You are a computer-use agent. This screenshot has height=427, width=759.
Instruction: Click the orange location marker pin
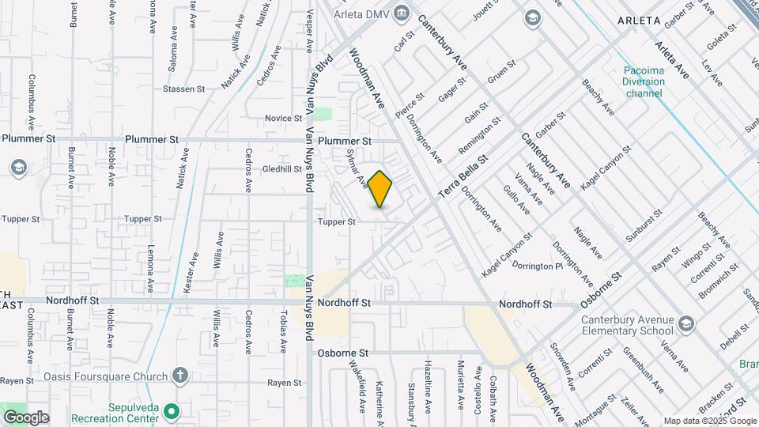[380, 189]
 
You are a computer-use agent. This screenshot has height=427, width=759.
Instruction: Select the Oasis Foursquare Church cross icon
[179, 376]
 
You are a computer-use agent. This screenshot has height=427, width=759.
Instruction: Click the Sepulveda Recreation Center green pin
[168, 412]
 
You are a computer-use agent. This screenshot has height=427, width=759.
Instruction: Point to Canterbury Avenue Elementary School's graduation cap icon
[685, 323]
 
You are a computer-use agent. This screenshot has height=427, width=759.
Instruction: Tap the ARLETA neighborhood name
[639, 20]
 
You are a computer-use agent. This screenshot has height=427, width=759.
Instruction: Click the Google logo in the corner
[26, 418]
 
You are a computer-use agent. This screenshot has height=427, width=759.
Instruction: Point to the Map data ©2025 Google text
[709, 421]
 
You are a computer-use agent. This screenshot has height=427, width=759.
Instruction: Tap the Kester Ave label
[191, 273]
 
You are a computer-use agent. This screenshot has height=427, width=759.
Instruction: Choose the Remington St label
[480, 136]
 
